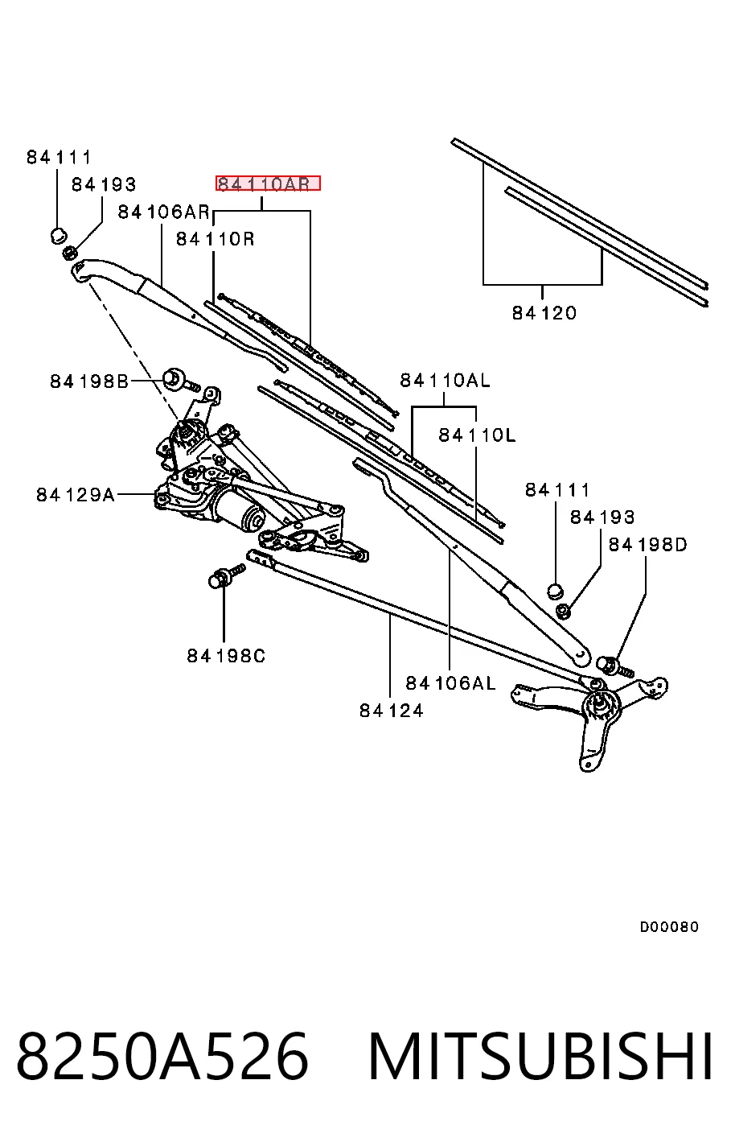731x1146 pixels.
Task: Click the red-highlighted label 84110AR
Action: pyautogui.click(x=268, y=183)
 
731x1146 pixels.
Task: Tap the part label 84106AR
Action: pyautogui.click(x=163, y=212)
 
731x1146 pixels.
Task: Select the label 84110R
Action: pyautogui.click(x=216, y=239)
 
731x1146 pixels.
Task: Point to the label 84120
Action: pyautogui.click(x=544, y=312)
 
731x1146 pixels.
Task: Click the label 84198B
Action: pyautogui.click(x=89, y=381)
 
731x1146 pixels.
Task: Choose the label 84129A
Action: pyautogui.click(x=76, y=495)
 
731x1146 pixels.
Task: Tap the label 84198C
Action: pyautogui.click(x=226, y=655)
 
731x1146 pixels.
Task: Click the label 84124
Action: pyautogui.click(x=392, y=710)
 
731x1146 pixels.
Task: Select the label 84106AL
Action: pyautogui.click(x=451, y=683)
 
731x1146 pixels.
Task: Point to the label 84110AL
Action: pyautogui.click(x=445, y=380)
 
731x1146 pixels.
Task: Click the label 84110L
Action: pyautogui.click(x=478, y=435)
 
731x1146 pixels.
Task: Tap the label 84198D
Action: pyautogui.click(x=647, y=544)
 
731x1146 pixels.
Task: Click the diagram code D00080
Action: pyautogui.click(x=669, y=926)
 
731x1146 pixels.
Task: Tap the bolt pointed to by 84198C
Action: pyautogui.click(x=227, y=575)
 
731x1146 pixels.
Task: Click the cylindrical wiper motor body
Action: pyautogui.click(x=239, y=509)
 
